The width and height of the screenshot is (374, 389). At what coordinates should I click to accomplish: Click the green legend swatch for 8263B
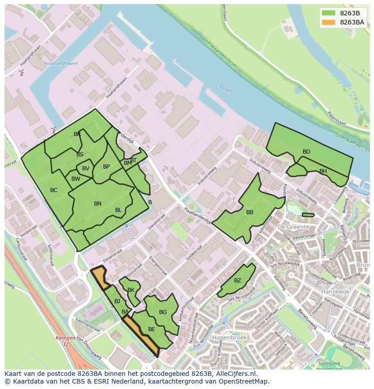point(328,13)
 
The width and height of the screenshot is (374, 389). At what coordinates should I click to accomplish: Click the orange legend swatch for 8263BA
point(328,22)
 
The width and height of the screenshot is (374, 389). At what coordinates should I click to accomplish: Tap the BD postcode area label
point(306,152)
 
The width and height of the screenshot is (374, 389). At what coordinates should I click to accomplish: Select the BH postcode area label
point(323,171)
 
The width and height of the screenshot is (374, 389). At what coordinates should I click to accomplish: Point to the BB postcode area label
point(250,212)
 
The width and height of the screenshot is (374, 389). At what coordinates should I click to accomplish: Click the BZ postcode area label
point(238,281)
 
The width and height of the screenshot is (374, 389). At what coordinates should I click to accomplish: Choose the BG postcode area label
point(163,312)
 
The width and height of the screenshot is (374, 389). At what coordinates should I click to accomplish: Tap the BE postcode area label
point(152,329)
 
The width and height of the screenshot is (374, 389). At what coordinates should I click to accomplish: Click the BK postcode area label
point(131,290)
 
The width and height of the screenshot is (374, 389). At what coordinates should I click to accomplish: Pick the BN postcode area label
point(98,204)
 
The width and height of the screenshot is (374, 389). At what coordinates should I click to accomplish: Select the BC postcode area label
point(54,190)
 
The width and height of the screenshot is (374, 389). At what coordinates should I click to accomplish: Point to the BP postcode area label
point(106,167)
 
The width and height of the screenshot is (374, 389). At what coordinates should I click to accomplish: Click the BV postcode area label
point(86,169)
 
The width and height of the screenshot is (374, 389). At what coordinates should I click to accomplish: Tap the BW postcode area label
point(76,179)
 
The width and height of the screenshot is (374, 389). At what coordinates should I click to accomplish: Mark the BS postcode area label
point(80,155)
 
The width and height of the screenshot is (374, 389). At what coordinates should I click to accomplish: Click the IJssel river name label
point(225,87)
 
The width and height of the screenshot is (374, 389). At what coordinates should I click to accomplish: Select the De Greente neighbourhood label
point(294,227)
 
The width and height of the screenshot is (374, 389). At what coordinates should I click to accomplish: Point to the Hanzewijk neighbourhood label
point(336,292)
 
